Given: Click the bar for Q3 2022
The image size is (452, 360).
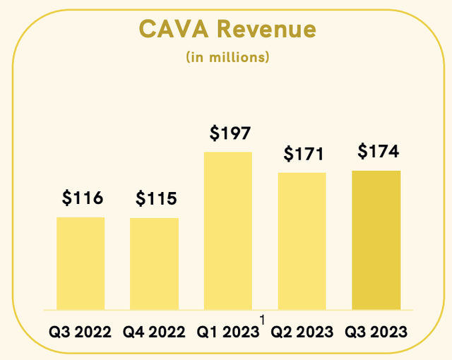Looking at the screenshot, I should pos(81,263).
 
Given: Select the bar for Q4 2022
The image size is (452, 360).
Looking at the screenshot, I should pos(154,263).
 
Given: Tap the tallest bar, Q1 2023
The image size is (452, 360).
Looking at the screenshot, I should pos(228,230).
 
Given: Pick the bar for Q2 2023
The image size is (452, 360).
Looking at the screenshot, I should pos(302,241).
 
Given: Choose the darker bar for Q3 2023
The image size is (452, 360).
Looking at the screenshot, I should pos(376,240).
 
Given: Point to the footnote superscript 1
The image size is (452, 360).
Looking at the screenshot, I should pos(262,320).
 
